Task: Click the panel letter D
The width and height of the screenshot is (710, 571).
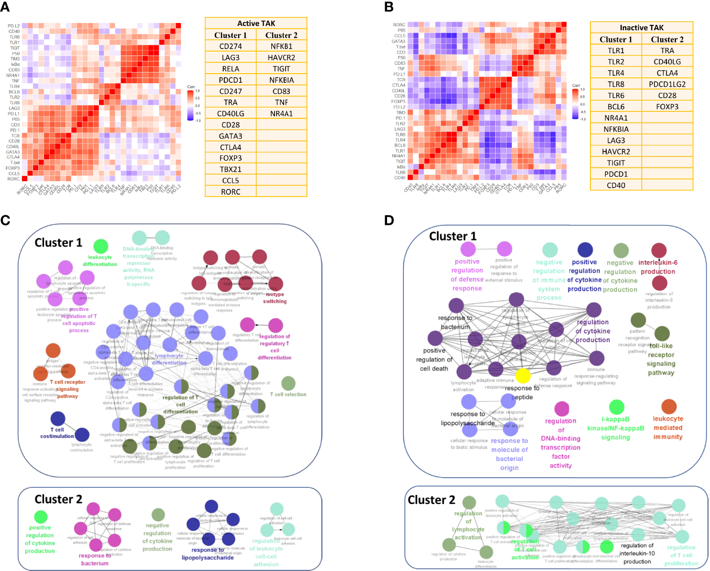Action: coord(389,220)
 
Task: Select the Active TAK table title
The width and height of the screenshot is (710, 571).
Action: coord(256,23)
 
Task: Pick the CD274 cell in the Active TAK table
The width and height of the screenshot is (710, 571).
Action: coord(231,46)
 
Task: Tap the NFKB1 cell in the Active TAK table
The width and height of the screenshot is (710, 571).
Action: coord(281,46)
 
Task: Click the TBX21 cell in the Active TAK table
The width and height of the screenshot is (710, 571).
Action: coord(231,169)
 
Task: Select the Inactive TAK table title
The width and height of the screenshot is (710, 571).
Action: coord(642,28)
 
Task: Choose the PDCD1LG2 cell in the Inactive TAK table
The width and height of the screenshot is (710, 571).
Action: coord(667,84)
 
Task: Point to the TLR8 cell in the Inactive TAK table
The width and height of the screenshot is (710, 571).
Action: coord(616,84)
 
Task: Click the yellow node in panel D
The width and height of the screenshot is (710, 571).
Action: coord(523,375)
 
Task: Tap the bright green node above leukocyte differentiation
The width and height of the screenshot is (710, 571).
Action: coord(100,246)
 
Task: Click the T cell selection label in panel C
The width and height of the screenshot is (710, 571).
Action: coord(288,395)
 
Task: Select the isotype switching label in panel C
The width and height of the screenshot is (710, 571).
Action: coord(275,298)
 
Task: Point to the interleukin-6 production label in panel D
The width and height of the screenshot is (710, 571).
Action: coord(658,267)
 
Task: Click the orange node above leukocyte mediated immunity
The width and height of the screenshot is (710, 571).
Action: coord(669,406)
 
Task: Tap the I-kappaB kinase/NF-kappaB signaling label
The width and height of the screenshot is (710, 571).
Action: coord(616,428)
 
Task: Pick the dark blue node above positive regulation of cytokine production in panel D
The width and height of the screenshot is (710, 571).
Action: coord(585,250)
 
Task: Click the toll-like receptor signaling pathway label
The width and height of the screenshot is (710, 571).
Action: coord(661,359)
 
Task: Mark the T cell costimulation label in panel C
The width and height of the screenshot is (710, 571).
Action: coord(57,433)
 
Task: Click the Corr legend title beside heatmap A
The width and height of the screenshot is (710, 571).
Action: coord(191,87)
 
